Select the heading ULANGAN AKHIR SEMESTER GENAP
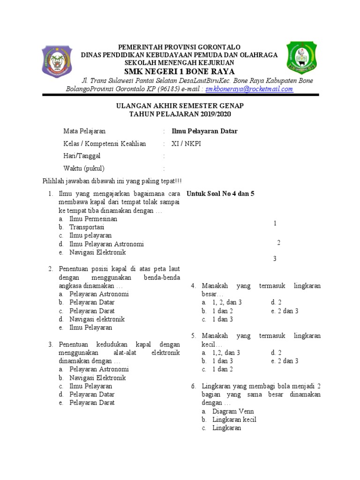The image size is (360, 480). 180,106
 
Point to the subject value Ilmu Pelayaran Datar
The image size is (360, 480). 204,131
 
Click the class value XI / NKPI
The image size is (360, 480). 186,144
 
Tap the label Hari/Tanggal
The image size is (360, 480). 82,156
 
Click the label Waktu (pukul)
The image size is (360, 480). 84,169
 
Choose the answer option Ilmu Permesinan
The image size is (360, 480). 93,219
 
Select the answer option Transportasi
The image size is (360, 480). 87,227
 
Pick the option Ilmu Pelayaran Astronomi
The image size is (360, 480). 106,244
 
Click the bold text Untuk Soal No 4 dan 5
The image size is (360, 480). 220,194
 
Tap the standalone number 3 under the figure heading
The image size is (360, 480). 275,259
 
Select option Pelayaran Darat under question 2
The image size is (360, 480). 92,311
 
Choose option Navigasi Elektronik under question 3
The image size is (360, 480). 97,378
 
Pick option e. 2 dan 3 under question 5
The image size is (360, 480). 285,361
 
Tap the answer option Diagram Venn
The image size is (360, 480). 233,412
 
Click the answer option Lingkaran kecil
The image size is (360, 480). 234,420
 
